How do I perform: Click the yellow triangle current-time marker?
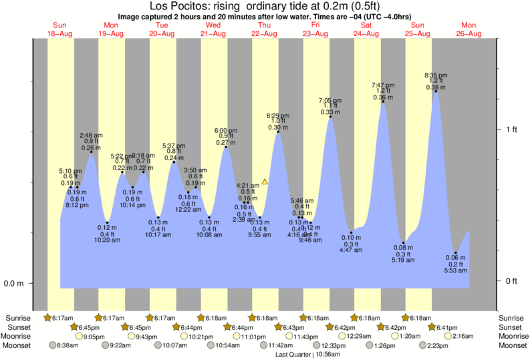pos(265,182)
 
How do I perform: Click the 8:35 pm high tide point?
pos(436,92)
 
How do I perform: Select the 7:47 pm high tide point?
pos(383,102)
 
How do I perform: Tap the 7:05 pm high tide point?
pos(330,116)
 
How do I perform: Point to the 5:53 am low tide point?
pos(456,252)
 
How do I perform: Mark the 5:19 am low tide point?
pos(403,242)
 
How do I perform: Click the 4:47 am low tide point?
pos(351,232)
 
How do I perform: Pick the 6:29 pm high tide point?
pos(278,132)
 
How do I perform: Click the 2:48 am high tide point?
pos(91,152)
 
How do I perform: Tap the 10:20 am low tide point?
pos(107,222)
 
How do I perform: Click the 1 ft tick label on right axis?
pos(511,129)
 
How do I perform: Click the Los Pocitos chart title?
pos(265,7)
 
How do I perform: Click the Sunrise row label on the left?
pos(17,318)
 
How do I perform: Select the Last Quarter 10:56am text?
pos(309,354)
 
